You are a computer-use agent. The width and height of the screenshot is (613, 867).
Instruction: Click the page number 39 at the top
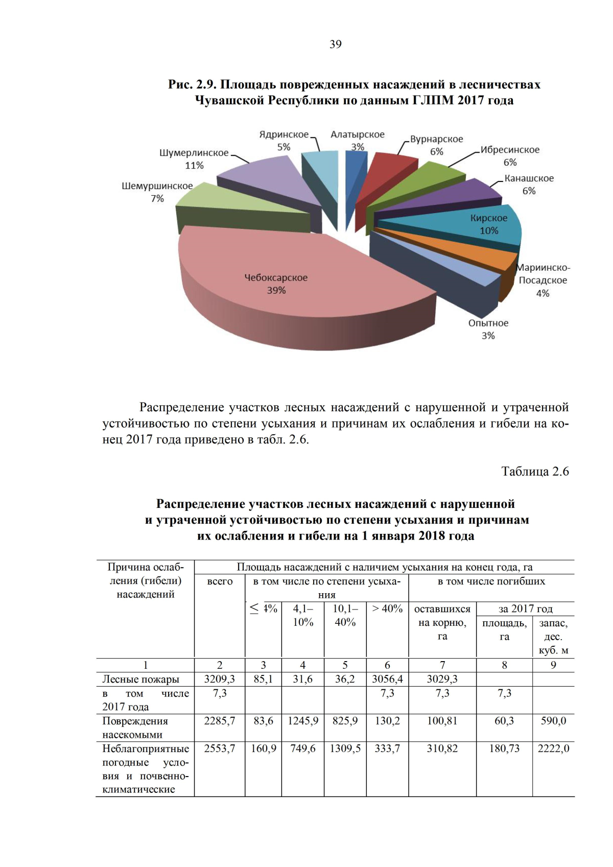(336, 44)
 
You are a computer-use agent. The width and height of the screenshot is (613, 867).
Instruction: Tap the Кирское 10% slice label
(489, 224)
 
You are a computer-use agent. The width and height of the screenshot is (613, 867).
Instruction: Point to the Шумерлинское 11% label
(194, 159)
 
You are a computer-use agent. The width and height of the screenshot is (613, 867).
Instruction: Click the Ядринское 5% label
(284, 140)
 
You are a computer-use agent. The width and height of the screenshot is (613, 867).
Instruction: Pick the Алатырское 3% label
(358, 140)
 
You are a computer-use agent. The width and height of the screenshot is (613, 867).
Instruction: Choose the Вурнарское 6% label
(436, 145)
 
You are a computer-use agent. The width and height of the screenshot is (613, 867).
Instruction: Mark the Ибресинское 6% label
(510, 156)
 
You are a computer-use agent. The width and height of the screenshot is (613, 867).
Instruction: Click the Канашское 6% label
(529, 184)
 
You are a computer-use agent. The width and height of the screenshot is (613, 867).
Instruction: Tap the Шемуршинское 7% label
(157, 192)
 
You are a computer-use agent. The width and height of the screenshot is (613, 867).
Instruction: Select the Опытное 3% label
(488, 329)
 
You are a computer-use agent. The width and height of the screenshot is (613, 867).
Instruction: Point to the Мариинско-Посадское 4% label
(544, 280)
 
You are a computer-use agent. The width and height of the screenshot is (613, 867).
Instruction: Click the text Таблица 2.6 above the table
(535, 472)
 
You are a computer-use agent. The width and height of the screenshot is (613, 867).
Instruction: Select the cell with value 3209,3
(220, 679)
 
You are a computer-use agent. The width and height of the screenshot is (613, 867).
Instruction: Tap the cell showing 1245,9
(303, 721)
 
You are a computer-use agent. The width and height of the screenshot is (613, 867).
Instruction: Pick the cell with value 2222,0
(553, 748)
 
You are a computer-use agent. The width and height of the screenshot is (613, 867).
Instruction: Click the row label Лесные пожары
(141, 679)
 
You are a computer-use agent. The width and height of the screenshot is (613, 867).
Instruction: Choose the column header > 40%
(387, 608)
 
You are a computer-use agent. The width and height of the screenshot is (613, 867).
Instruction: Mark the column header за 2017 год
(525, 608)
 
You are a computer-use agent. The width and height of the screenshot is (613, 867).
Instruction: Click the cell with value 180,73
(504, 748)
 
